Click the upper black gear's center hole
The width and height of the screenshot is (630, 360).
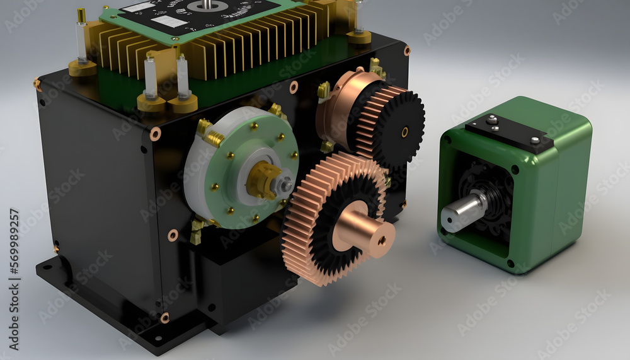point(404,132)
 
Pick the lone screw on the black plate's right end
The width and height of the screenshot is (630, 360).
point(535,141)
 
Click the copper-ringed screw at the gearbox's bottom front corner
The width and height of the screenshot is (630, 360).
point(164,318)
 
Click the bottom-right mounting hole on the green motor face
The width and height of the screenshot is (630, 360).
point(510,263)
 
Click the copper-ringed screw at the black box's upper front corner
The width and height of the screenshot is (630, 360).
point(155,134)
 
